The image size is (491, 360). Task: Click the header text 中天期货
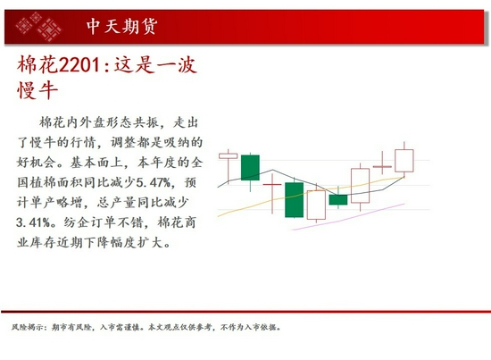[x=123, y=27]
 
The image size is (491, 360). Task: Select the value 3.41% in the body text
[x=37, y=222]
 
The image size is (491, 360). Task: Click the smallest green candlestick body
[x=338, y=199]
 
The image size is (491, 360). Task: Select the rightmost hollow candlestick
[x=404, y=161]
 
